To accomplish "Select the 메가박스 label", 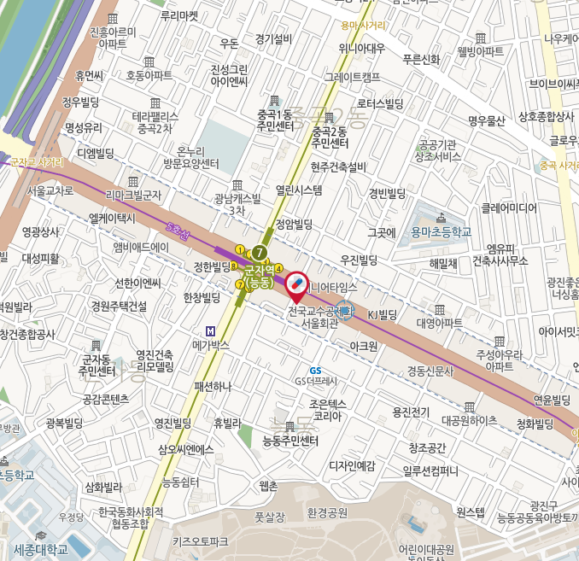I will pyautogui.click(x=213, y=345).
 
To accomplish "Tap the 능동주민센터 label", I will pyautogui.click(x=290, y=441).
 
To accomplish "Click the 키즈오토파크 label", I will pyautogui.click(x=200, y=541).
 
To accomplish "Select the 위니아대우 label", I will pyautogui.click(x=361, y=48).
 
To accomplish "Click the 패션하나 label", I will pyautogui.click(x=213, y=386).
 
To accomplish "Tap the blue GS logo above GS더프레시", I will pyautogui.click(x=315, y=371).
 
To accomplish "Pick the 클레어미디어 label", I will pyautogui.click(x=508, y=207).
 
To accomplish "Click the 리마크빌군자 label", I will pyautogui.click(x=133, y=195).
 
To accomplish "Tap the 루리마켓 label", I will pyautogui.click(x=178, y=15).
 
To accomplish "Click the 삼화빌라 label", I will pyautogui.click(x=103, y=488).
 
